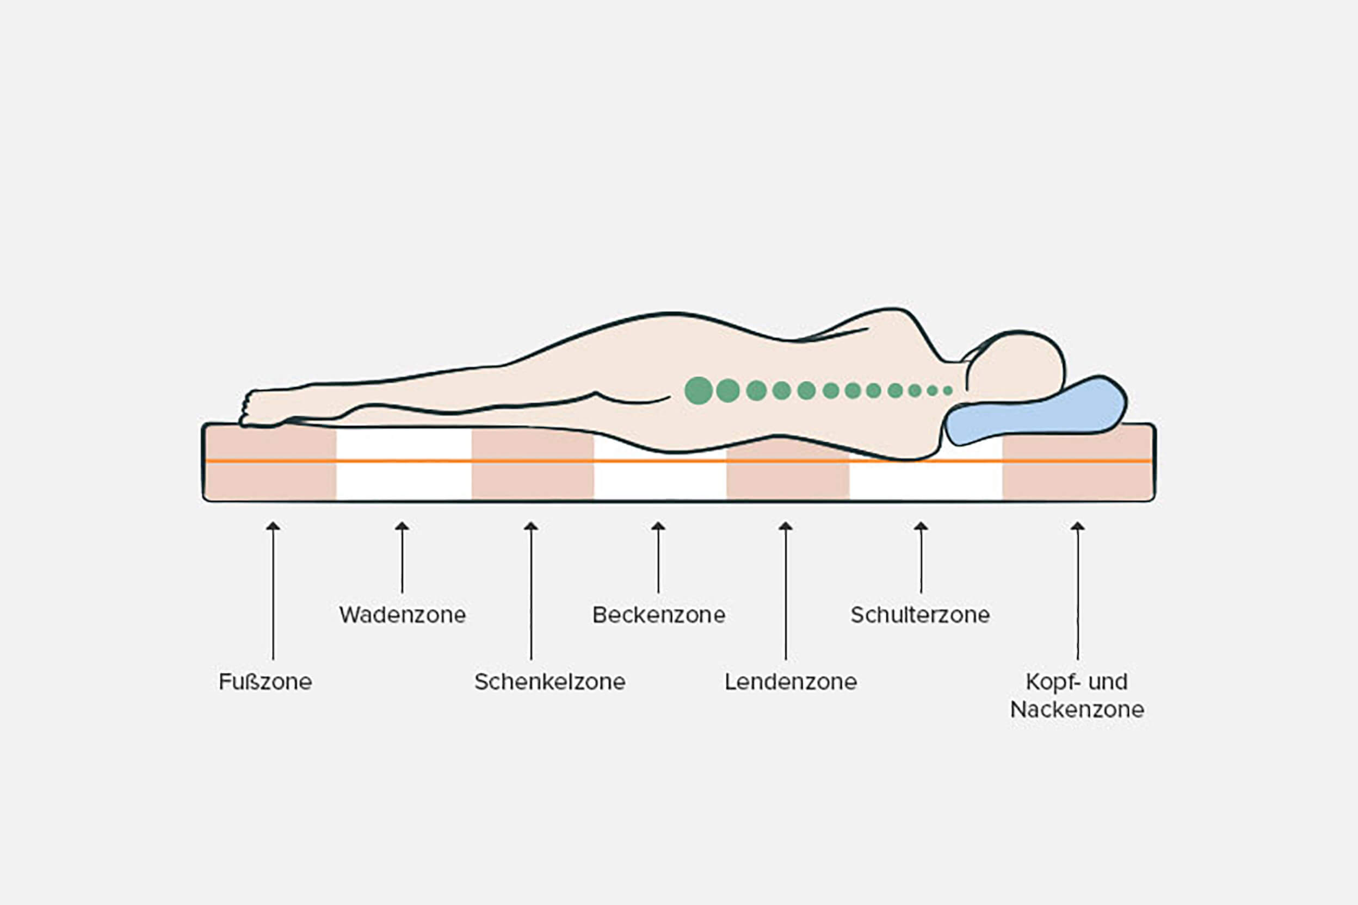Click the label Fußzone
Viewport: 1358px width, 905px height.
(x=265, y=682)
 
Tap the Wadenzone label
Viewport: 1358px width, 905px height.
(x=402, y=615)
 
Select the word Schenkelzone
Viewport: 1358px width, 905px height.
(x=550, y=682)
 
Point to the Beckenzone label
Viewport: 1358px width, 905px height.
(x=658, y=615)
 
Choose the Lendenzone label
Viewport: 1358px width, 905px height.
(x=790, y=682)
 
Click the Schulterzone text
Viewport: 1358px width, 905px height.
(x=919, y=615)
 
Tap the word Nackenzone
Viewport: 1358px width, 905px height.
(x=1077, y=709)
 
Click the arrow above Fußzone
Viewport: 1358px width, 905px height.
(x=273, y=589)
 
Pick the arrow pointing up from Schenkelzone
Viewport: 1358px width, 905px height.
(x=531, y=589)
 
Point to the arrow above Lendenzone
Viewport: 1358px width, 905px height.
(x=785, y=589)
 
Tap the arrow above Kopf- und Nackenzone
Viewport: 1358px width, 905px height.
(x=1077, y=589)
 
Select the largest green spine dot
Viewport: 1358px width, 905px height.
(x=699, y=391)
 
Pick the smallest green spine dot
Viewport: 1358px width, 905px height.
(x=947, y=391)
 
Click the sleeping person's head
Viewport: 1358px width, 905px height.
(x=1017, y=366)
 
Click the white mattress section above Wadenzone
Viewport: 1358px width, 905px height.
(x=403, y=465)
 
